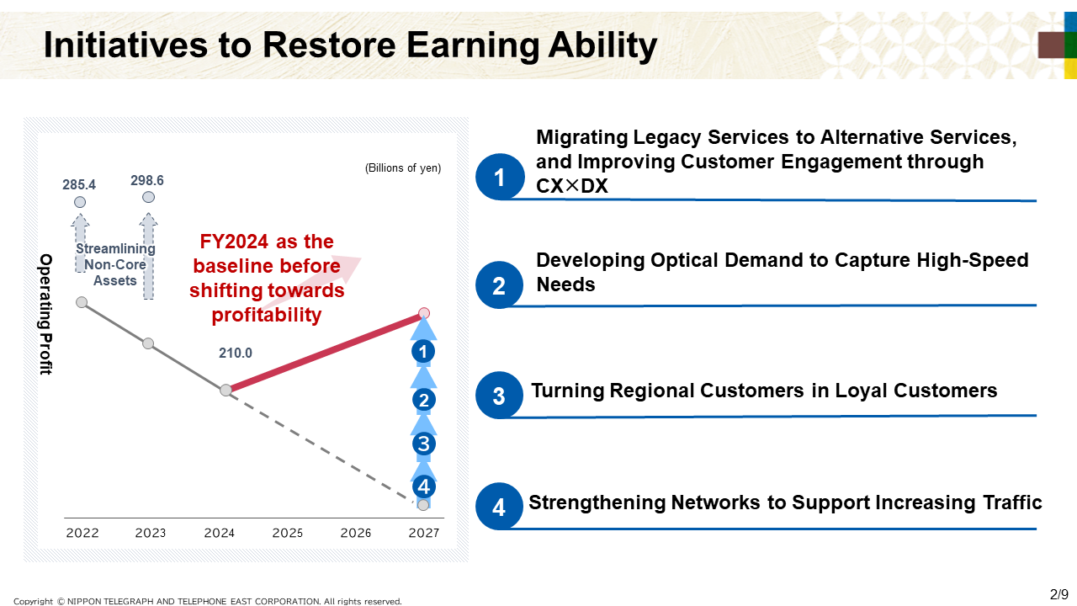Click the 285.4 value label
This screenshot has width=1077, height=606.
79,184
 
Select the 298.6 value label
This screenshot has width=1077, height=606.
147,180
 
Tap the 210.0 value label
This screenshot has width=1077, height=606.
236,353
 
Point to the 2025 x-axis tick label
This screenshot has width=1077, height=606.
288,533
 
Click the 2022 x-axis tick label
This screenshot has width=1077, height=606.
82,533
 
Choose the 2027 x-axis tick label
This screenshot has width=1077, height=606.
424,533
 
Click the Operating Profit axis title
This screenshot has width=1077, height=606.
45,314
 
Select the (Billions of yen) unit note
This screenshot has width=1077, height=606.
403,167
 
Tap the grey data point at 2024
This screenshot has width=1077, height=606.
226,390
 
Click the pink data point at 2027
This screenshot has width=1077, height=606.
423,314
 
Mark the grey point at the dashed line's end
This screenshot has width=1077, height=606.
423,505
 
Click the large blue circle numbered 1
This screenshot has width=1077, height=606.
500,177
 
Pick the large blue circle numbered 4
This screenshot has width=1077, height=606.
499,507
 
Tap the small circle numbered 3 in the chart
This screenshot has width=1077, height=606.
423,444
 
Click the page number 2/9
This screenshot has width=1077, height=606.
1058,594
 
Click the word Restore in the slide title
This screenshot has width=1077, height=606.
329,45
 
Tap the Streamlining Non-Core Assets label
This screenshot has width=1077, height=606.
115,264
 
